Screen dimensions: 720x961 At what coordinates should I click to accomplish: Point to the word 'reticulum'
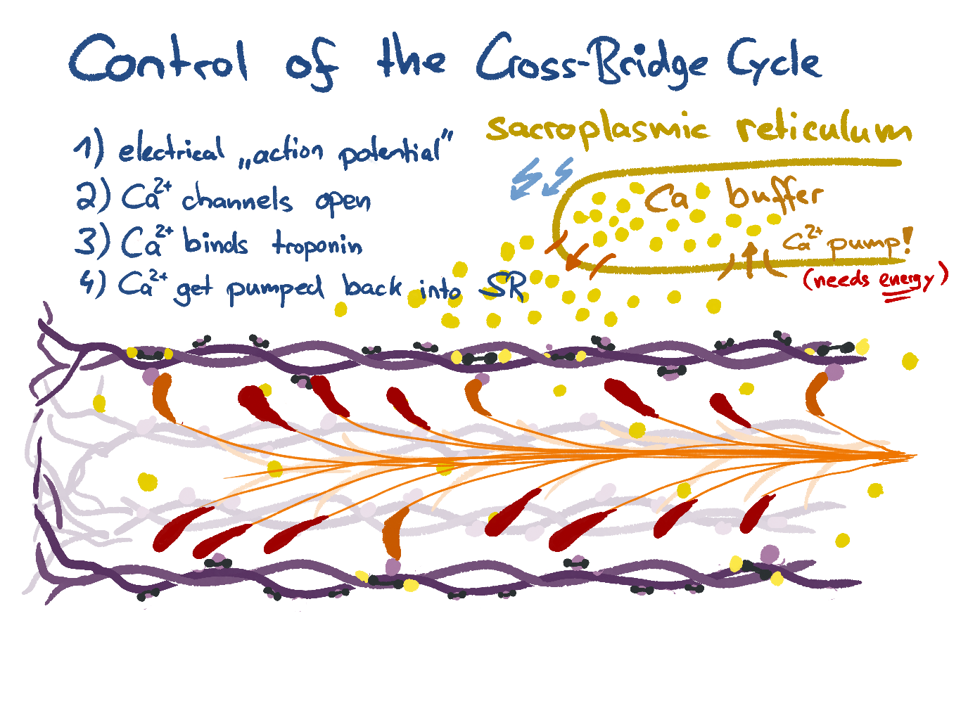[823, 130]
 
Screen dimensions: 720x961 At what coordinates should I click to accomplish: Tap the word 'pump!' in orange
[870, 245]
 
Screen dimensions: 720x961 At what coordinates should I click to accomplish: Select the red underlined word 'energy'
[907, 280]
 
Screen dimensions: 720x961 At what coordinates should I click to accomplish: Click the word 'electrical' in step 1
[171, 150]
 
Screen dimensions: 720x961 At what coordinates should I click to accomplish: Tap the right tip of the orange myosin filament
[915, 456]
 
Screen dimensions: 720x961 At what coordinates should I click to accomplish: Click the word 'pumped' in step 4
[275, 290]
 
